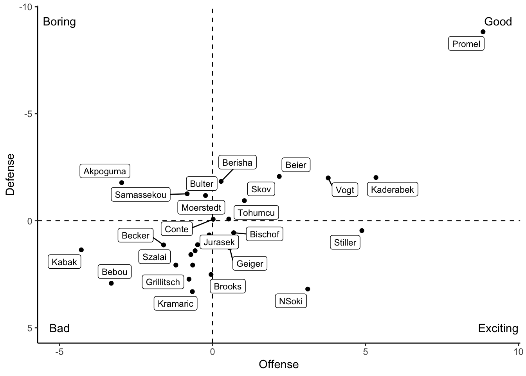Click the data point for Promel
483,32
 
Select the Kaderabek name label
393,190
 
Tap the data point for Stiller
362,231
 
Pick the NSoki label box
291,301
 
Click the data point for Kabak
81,250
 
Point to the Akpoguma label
105,171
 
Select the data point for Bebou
111,283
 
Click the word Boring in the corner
59,22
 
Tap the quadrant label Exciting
498,328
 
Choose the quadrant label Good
498,22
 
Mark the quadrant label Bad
59,328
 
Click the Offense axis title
279,365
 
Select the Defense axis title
10,174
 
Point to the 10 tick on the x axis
518,352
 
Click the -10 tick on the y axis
26,7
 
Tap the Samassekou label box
141,195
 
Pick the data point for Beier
279,177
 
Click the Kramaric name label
175,304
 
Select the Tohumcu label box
256,213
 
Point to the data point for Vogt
328,178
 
